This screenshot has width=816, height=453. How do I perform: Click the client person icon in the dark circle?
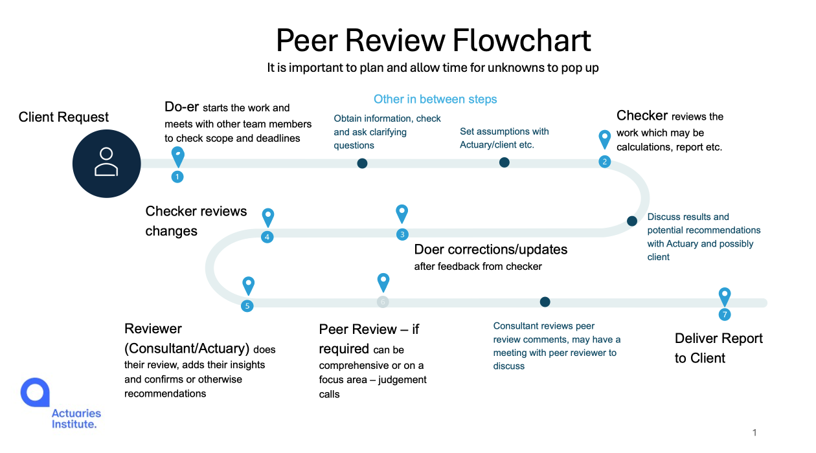point(106,162)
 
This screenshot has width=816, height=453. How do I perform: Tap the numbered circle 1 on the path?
point(177,176)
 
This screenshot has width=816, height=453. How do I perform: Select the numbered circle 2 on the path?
point(605,162)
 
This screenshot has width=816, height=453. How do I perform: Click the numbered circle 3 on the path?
point(402,234)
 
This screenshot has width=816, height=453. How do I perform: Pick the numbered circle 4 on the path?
point(267,237)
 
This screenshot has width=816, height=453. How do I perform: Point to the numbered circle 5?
point(247,306)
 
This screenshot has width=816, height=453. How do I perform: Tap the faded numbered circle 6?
point(383,302)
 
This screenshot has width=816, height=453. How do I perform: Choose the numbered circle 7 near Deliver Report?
point(725,315)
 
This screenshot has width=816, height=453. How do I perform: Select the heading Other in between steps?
point(435,99)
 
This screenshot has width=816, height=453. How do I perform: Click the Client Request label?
point(63,117)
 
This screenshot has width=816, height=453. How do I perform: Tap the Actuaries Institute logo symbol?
point(35,392)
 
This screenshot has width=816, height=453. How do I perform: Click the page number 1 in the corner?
point(754,432)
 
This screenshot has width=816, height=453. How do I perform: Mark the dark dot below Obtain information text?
point(363,163)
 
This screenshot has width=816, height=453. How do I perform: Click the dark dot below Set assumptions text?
point(504,162)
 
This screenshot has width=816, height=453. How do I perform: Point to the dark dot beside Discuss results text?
point(632,221)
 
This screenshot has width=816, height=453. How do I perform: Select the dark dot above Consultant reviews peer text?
point(545,302)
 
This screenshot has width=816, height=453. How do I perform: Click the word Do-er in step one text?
point(182,107)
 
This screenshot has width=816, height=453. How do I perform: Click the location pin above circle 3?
point(402,212)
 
